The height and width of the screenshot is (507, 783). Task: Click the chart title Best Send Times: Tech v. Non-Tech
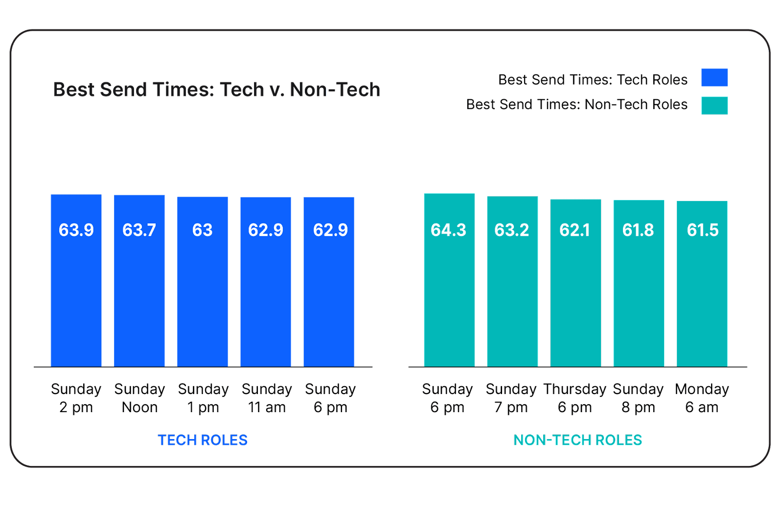[216, 89]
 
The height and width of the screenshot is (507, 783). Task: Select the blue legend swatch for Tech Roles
[714, 78]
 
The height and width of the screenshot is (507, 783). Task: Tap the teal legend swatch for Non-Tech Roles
[714, 105]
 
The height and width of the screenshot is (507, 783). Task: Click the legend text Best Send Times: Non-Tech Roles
[576, 105]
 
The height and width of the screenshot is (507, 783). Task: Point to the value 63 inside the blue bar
[202, 230]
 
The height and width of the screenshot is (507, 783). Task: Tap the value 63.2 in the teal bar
[511, 230]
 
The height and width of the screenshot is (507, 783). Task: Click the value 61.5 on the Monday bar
[702, 230]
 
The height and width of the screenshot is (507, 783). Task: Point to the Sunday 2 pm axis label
[76, 398]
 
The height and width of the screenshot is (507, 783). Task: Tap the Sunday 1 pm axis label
[203, 398]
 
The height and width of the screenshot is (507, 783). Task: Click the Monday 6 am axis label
[702, 398]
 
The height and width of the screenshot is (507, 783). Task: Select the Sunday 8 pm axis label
[638, 398]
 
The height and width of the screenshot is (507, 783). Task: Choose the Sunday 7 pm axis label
[511, 398]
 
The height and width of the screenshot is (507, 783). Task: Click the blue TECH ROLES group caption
[202, 440]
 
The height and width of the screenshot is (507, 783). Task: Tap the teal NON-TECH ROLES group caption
[577, 440]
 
